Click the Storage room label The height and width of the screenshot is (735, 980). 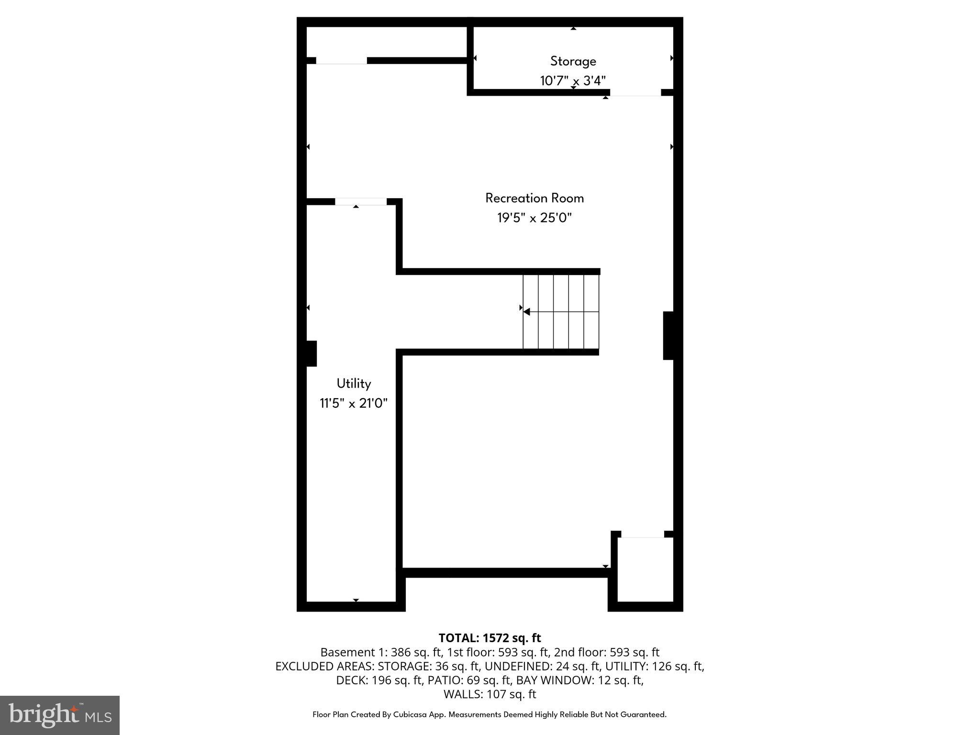click(573, 61)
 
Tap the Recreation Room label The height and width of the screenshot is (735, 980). click(535, 198)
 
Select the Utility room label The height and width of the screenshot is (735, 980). click(354, 384)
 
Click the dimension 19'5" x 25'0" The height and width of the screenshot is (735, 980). click(535, 218)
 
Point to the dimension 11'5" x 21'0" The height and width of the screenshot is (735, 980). click(354, 403)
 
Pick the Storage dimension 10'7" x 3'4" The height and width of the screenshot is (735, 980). click(573, 81)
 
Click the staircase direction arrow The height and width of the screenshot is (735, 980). click(527, 312)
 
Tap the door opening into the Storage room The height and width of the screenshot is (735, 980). click(635, 93)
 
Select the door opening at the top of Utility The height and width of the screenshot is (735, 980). click(360, 202)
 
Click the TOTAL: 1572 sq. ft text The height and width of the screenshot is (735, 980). click(490, 638)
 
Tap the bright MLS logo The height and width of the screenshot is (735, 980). click(60, 715)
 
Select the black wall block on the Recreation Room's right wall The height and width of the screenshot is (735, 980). click(668, 335)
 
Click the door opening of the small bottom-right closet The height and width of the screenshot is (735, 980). click(643, 535)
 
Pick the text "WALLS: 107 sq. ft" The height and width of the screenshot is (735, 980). click(490, 694)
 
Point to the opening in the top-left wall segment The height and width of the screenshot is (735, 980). click(341, 61)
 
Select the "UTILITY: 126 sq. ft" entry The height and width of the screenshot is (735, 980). click(655, 666)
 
